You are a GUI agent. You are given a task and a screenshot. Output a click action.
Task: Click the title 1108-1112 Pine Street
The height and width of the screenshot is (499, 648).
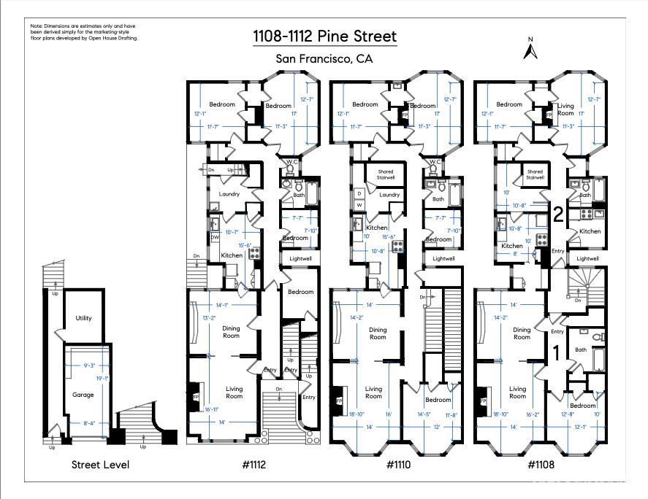point(324,36)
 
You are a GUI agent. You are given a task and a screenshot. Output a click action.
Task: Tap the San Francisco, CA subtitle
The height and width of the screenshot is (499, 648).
point(324,59)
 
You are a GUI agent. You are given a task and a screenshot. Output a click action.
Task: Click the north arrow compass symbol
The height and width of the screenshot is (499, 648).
point(531,49)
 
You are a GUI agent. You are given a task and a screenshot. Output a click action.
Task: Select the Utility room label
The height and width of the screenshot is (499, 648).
point(83,318)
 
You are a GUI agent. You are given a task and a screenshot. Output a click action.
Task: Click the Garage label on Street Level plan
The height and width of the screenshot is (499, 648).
point(83,394)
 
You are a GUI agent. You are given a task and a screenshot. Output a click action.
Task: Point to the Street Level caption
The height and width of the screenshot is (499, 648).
point(102,464)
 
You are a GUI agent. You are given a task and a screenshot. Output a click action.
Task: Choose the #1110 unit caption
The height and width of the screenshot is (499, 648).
point(399,464)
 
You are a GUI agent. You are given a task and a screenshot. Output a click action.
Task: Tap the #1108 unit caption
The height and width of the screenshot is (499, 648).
point(541,464)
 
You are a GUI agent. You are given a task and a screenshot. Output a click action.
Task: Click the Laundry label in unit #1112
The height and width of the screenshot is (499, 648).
point(229,194)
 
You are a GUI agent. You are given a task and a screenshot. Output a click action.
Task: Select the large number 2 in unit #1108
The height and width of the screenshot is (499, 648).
point(557,214)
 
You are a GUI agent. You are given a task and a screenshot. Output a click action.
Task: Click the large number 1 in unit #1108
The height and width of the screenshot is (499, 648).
point(555,352)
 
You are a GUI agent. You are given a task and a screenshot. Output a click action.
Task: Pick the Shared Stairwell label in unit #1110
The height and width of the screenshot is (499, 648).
point(386,175)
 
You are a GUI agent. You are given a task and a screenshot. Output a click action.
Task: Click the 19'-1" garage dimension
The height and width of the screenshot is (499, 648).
point(102,378)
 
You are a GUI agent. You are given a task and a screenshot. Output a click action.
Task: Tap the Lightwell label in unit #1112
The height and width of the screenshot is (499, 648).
point(300,258)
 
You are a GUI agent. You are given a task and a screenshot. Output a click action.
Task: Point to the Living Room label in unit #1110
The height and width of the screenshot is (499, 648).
point(373,392)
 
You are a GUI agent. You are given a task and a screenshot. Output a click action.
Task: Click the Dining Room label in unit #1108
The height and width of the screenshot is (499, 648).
point(522,333)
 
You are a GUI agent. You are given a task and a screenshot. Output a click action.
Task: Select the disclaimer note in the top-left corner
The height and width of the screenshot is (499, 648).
point(84,32)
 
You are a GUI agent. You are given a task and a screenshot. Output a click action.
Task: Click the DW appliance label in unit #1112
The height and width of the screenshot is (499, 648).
point(215,238)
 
